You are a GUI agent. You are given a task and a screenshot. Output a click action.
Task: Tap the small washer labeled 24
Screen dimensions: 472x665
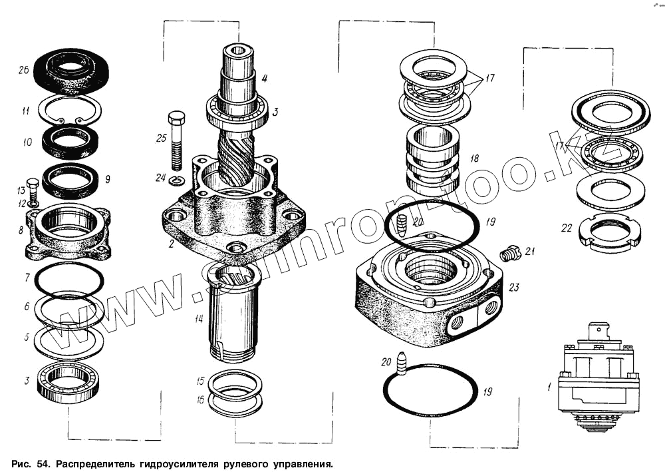point(176,181)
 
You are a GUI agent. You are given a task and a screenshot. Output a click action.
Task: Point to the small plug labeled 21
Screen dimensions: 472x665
point(509,254)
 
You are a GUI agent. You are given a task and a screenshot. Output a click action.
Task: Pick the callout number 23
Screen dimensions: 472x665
point(513,288)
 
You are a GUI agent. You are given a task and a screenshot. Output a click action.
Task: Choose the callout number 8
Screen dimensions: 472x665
point(21,231)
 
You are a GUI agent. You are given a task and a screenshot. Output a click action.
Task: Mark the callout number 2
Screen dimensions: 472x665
point(171,244)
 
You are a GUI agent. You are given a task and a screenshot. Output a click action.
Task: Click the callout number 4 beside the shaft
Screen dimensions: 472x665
point(264,79)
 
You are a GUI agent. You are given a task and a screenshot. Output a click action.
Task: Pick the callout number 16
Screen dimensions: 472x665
point(199,399)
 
